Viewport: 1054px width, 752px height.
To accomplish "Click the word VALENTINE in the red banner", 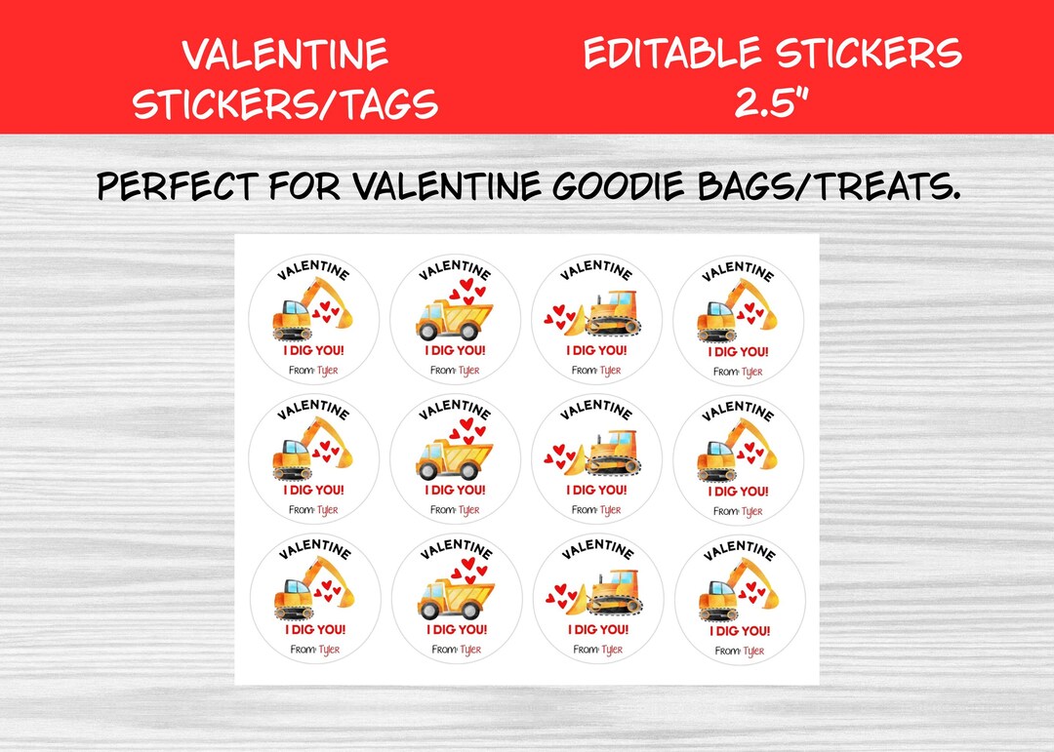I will (285, 55).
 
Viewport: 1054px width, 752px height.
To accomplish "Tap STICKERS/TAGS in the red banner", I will (285, 103).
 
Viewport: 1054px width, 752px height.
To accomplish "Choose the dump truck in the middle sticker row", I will (454, 456).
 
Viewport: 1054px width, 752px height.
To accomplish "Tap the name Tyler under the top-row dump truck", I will (469, 371).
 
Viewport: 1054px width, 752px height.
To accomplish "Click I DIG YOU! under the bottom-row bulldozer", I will (598, 630).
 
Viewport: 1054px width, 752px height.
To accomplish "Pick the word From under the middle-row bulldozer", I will (584, 510).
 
